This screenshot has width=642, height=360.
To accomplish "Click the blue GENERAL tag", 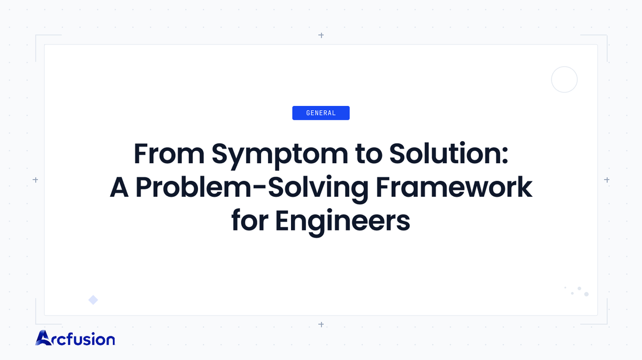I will point(320,113).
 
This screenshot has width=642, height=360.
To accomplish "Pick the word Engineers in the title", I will point(343,221).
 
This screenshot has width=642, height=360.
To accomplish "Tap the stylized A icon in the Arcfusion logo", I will point(43,338).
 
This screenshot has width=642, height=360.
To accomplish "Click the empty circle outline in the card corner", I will point(564,80).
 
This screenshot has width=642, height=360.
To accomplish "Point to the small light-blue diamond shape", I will point(93,300).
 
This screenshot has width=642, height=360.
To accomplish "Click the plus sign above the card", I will point(321,35).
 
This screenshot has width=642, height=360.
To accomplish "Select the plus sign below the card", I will point(321,324).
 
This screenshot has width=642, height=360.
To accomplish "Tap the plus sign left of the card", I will point(35,180).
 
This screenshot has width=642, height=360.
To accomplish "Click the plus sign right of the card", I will point(607,180).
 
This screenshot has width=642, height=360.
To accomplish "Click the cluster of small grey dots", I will point(578,291).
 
